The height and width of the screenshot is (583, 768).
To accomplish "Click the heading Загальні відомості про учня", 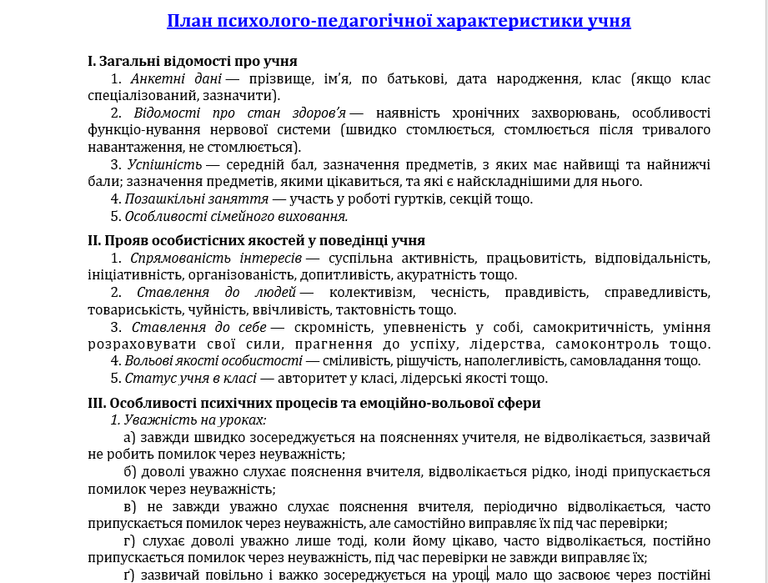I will coord(193,61).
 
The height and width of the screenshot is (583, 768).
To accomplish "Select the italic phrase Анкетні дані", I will coord(176,79).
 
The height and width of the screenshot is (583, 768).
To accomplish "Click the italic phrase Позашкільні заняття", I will coord(196,199).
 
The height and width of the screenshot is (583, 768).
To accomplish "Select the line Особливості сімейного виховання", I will coord(236,216).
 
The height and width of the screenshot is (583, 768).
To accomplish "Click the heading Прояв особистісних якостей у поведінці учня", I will coord(256,241).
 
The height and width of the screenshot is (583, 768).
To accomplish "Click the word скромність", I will coord(334,327).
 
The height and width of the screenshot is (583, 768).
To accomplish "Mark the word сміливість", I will coord(359,361).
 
